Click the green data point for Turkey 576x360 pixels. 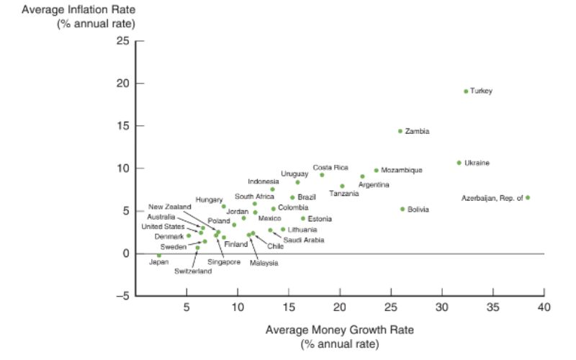466,91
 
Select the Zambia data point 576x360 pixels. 400,131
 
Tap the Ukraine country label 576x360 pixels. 477,163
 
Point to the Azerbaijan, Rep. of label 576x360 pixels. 492,197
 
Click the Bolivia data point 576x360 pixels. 402,209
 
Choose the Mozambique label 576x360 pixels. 402,171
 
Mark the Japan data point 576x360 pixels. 159,256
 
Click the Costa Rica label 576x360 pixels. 330,167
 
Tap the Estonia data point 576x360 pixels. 303,219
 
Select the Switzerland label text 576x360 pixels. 193,271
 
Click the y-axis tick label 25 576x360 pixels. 120,41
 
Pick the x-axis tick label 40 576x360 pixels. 544,307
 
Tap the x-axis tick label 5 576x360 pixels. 186,307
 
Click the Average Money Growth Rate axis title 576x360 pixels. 340,330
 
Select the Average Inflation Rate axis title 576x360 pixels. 78,10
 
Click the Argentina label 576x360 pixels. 374,185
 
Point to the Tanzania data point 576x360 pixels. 342,186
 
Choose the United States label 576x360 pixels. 163,227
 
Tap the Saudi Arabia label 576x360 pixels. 303,240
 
